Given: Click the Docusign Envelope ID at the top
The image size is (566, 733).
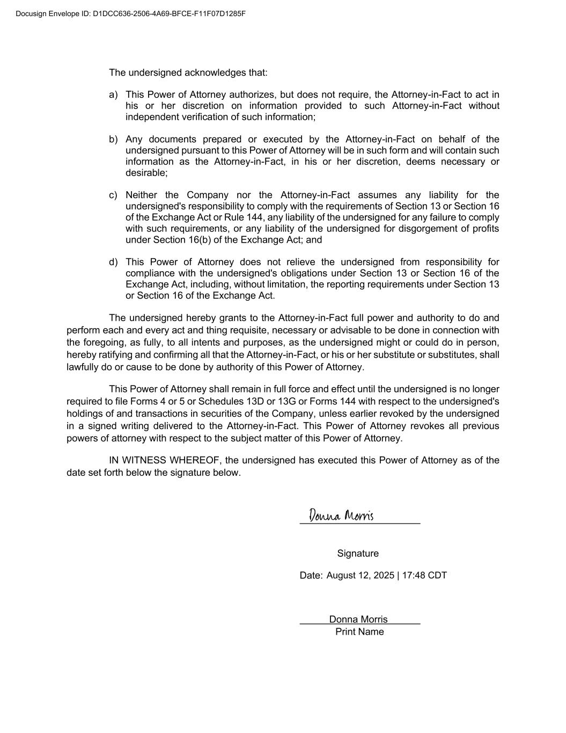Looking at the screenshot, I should click(x=130, y=13).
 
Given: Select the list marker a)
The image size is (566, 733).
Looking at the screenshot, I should click(x=113, y=95).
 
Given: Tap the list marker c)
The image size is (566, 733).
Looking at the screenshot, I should click(x=113, y=195).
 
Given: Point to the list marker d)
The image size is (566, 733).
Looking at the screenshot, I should click(x=113, y=262).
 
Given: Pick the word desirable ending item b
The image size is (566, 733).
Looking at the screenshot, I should click(x=146, y=173).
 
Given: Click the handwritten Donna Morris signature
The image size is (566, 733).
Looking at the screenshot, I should click(x=341, y=516).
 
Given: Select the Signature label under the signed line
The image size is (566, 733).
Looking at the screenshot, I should click(x=358, y=554).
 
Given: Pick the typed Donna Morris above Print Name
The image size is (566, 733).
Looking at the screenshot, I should click(x=358, y=619).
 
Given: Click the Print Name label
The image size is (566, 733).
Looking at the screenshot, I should click(x=359, y=632).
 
